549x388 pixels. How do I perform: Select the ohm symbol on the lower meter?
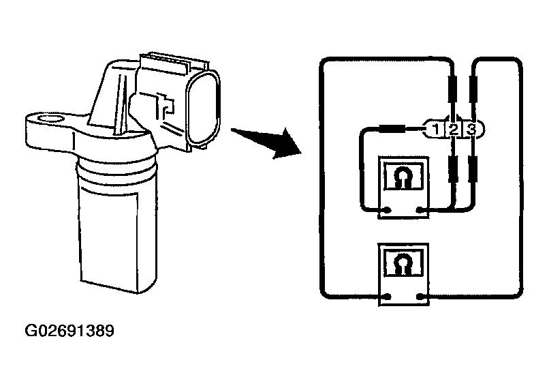(402, 260)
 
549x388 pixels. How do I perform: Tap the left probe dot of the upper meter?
(387, 210)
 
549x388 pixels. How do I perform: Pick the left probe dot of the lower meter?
(387, 296)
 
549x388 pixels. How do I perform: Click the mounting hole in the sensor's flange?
(48, 123)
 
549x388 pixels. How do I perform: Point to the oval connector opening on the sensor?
(204, 110)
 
